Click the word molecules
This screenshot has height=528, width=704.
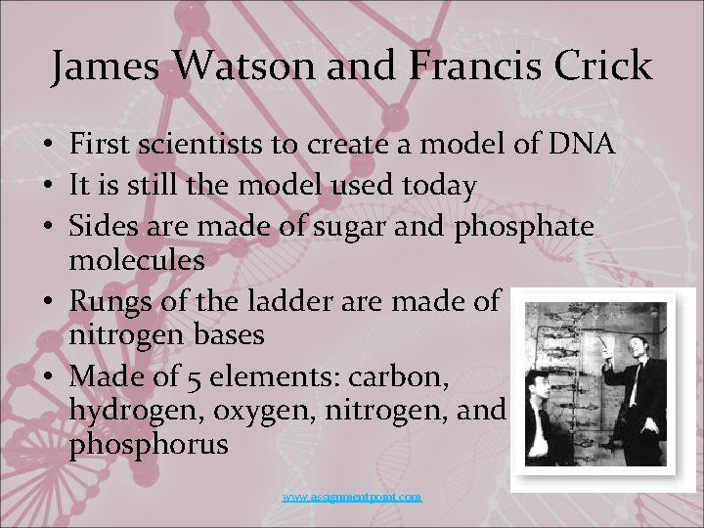click(x=137, y=260)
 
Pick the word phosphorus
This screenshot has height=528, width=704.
click(x=149, y=445)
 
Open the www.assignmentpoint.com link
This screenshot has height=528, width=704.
click(x=352, y=497)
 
